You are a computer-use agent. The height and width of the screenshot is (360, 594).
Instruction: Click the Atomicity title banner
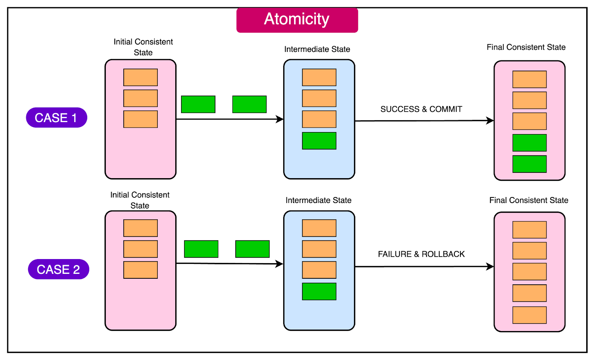(x=297, y=20)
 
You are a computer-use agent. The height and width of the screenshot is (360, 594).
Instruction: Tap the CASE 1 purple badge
(x=56, y=118)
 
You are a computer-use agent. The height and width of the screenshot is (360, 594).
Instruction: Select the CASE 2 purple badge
(x=59, y=269)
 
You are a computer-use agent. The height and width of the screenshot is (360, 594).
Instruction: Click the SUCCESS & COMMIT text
(x=421, y=109)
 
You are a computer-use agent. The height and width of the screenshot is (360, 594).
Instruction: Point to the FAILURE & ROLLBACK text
(x=421, y=254)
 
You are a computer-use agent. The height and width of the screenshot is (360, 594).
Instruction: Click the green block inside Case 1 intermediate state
(x=319, y=141)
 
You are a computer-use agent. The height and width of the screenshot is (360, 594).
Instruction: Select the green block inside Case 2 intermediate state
(x=319, y=291)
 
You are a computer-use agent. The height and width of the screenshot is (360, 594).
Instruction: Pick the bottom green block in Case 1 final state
(x=529, y=164)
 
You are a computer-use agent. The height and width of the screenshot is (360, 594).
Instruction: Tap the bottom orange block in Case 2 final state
(x=529, y=315)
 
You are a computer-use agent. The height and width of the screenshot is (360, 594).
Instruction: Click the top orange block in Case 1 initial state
(x=140, y=77)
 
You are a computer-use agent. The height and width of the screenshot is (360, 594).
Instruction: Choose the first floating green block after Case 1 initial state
(x=198, y=104)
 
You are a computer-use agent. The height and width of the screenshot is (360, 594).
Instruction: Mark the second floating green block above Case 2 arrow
(x=252, y=249)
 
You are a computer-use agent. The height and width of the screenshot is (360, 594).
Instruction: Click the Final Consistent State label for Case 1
(x=526, y=47)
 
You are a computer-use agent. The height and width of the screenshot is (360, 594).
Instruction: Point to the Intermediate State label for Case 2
(x=318, y=200)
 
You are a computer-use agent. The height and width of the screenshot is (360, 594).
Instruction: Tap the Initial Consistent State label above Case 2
(x=140, y=200)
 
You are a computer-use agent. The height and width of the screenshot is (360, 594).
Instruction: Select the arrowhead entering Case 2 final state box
(x=490, y=266)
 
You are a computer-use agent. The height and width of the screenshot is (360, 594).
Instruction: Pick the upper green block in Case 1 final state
(x=529, y=143)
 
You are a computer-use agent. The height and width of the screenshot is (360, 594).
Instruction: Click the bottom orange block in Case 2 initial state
(x=140, y=270)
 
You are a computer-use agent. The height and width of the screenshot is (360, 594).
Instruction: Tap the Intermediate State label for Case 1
(x=317, y=49)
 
